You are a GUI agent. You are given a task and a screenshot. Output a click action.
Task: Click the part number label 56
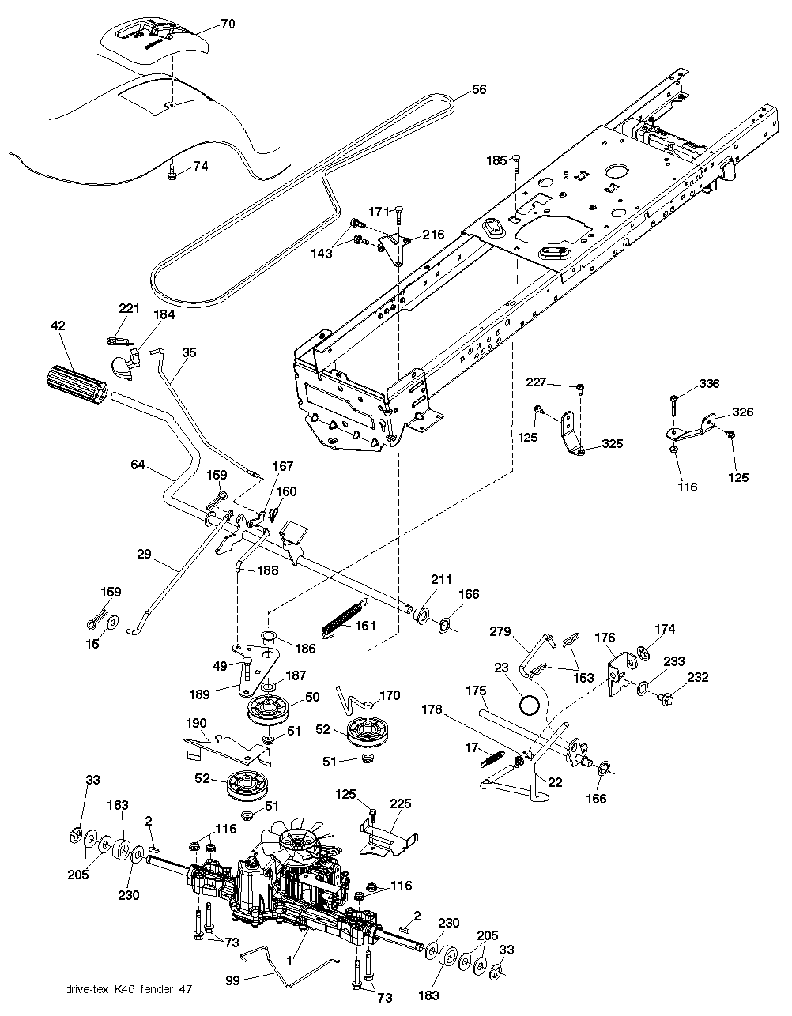click(480, 90)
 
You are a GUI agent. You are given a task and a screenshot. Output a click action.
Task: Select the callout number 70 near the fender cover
click(228, 24)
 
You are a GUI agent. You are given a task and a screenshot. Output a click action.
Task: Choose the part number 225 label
click(402, 805)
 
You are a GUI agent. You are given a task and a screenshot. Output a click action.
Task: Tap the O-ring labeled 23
click(530, 702)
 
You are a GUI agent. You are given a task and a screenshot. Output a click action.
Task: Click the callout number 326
click(742, 412)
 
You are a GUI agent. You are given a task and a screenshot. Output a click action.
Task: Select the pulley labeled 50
click(268, 708)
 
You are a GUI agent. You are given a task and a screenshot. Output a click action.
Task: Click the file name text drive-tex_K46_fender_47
click(129, 989)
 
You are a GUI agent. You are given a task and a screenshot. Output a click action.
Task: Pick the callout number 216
click(433, 235)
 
